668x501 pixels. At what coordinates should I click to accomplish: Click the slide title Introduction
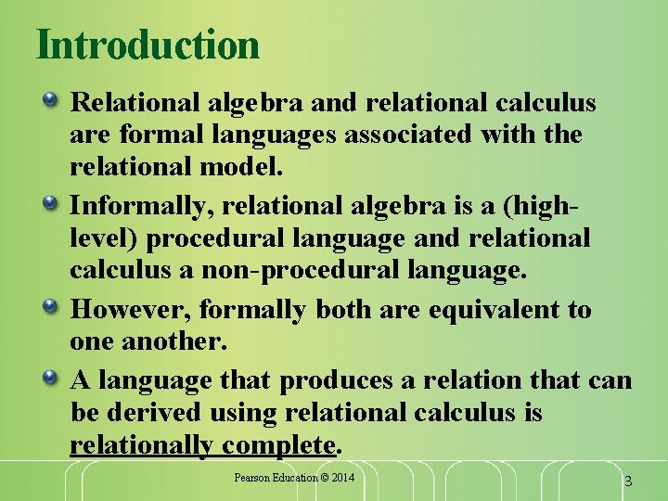tap(148, 45)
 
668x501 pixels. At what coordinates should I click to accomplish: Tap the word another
tap(174, 341)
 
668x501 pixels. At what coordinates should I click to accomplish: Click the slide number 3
tap(628, 481)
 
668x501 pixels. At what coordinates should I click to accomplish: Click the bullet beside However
tap(57, 307)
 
